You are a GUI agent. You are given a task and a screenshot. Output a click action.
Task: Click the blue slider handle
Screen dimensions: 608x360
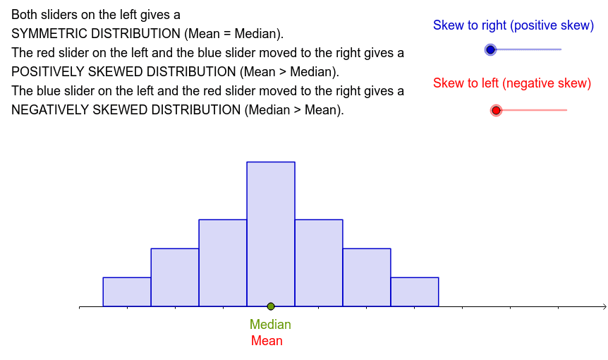coord(490,49)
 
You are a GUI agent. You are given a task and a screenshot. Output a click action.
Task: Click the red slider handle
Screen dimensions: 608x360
coord(496,110)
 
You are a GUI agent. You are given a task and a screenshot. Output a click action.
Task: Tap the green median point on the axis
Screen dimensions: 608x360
coord(271,306)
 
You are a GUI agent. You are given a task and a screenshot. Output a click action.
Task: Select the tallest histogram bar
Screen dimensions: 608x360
coord(271,234)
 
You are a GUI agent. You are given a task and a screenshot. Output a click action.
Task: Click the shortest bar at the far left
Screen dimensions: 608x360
coord(127,292)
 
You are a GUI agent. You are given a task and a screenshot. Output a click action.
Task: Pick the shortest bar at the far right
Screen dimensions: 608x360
coord(415,292)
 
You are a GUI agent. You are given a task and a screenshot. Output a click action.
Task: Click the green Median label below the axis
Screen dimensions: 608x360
coord(270,324)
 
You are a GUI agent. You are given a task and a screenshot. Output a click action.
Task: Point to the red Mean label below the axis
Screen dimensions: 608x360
coord(267,341)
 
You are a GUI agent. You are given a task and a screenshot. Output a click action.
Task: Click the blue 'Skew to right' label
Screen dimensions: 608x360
coord(513,25)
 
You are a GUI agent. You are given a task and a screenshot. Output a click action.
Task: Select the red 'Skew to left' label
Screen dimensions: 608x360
coord(512,83)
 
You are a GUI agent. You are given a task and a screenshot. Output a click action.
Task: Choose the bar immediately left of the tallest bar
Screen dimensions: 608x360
coord(223,263)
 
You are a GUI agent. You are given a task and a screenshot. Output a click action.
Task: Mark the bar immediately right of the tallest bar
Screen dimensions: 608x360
coord(319,263)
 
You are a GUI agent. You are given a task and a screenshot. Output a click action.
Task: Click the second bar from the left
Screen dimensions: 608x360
coord(175,277)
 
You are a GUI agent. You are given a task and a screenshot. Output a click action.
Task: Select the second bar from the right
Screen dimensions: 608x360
coord(367,277)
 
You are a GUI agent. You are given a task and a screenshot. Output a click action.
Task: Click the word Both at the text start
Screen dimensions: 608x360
coord(25,15)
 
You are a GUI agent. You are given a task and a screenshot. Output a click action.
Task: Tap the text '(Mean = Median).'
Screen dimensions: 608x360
coord(233,34)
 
